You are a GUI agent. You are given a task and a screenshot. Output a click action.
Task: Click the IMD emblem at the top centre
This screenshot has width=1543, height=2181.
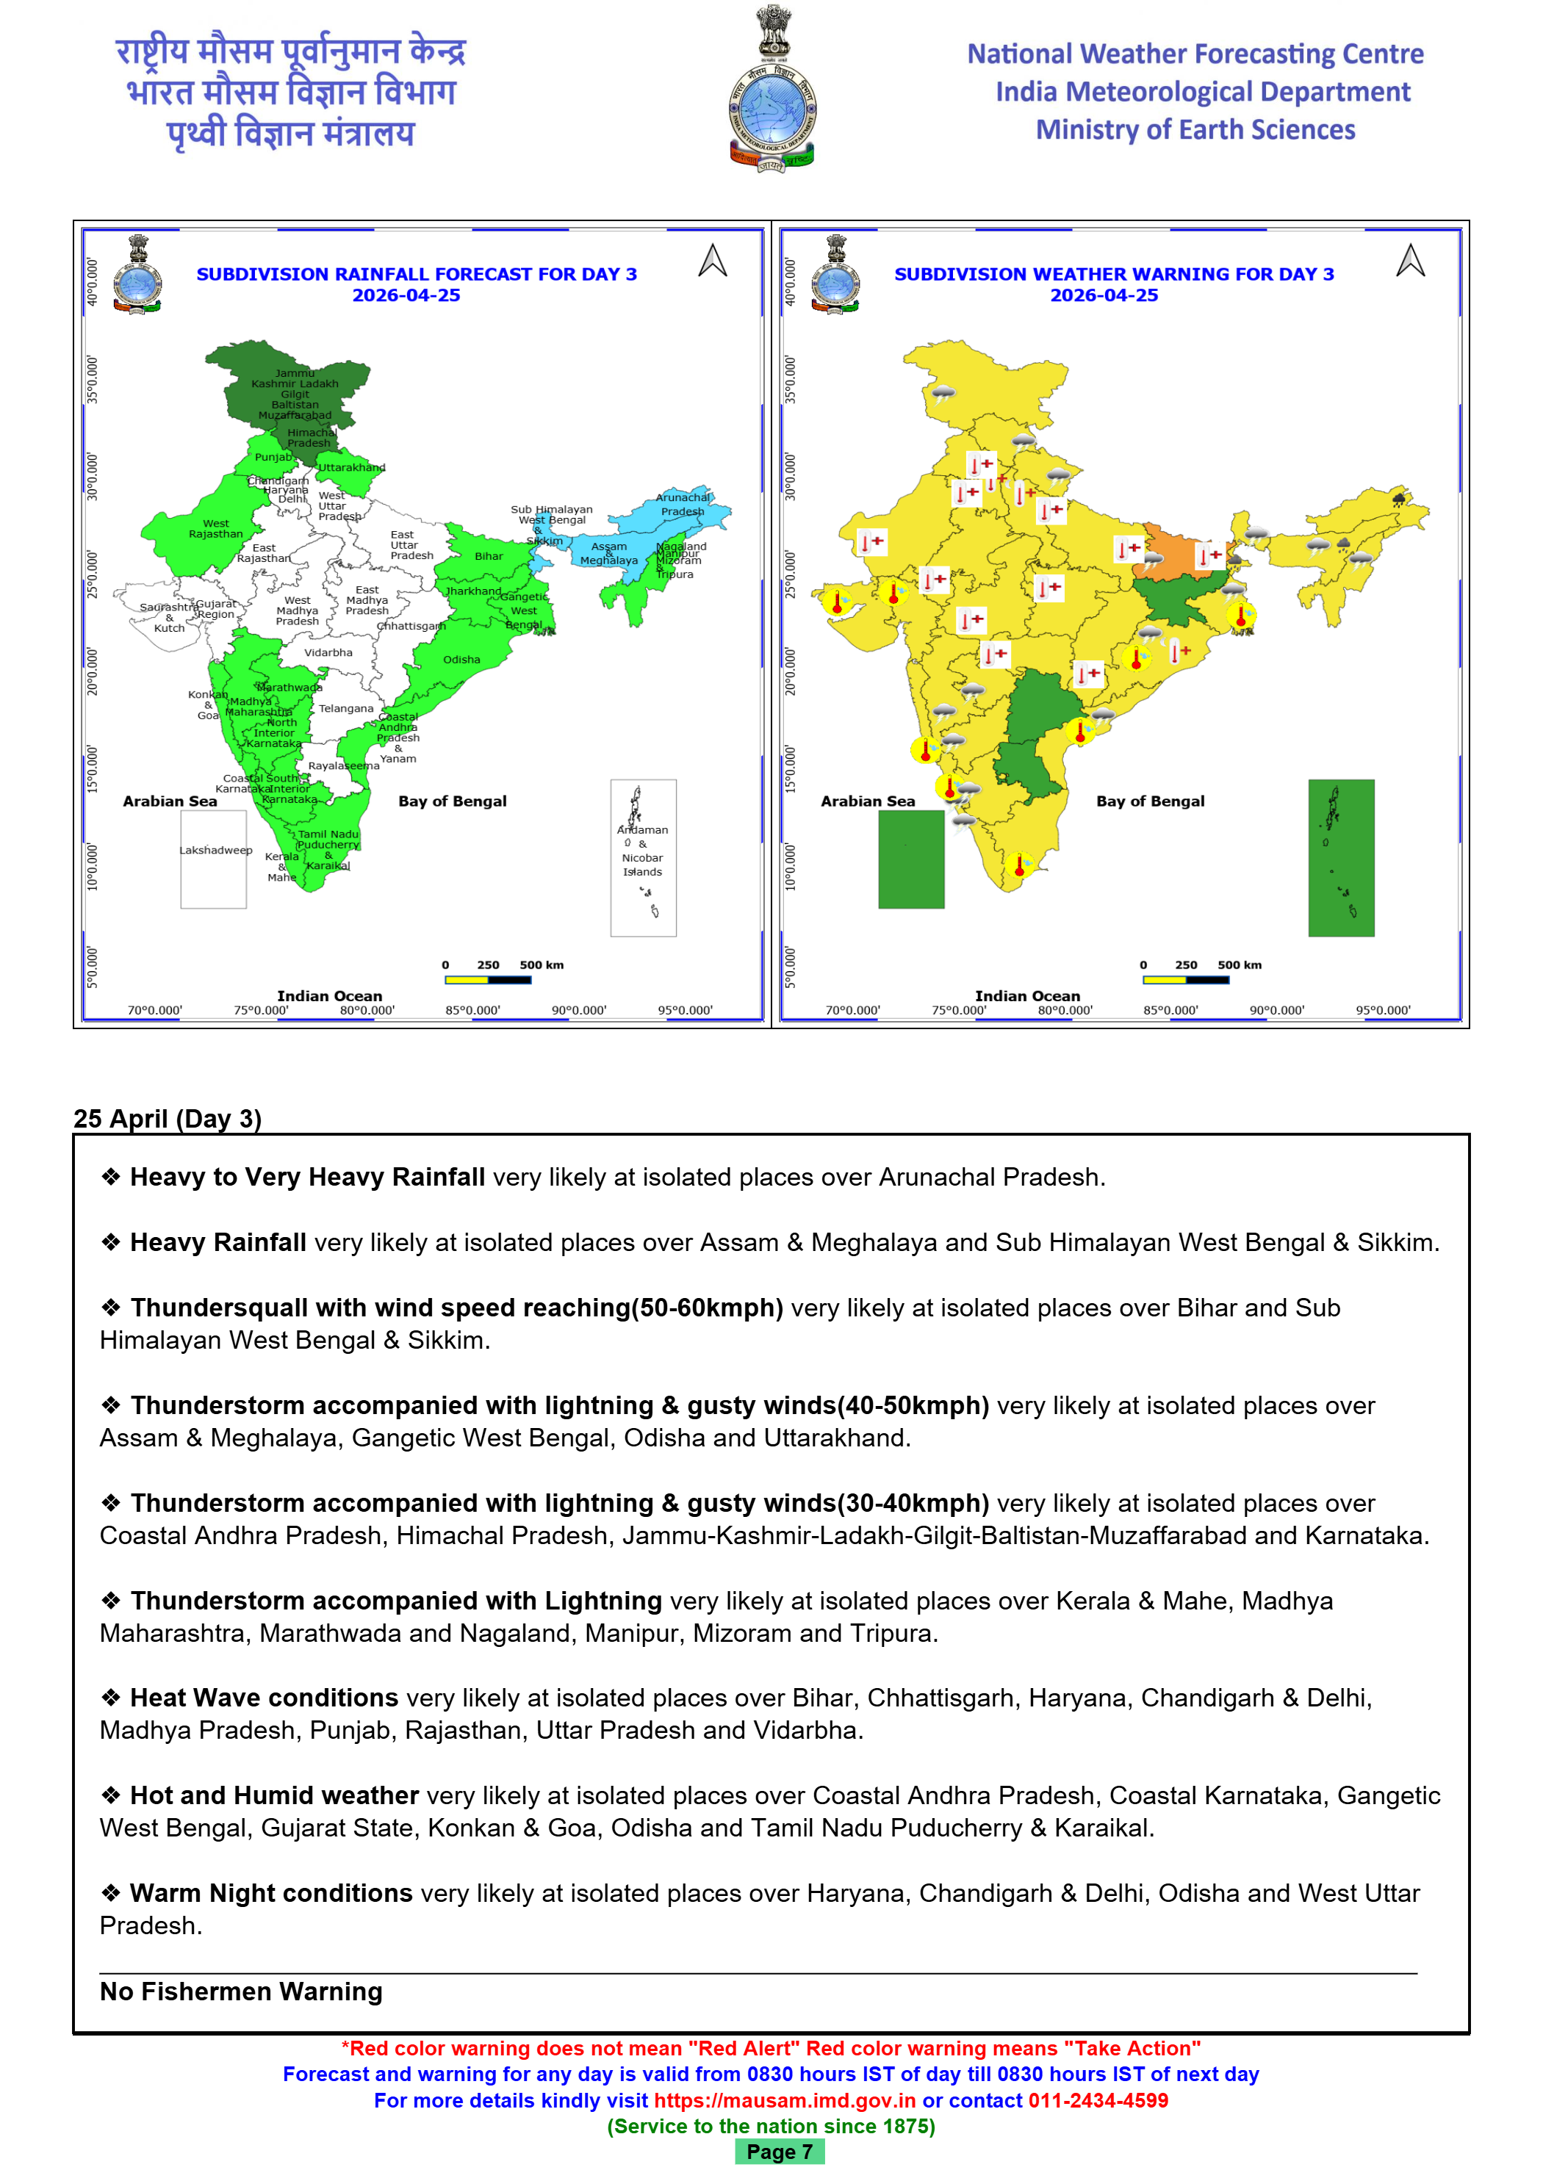click(x=771, y=91)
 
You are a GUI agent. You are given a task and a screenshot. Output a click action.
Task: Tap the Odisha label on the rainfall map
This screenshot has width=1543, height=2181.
click(x=461, y=659)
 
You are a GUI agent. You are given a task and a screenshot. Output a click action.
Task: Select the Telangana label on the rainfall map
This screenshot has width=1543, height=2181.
click(x=346, y=709)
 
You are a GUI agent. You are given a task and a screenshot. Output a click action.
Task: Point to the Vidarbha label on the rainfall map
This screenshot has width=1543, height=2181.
click(x=328, y=652)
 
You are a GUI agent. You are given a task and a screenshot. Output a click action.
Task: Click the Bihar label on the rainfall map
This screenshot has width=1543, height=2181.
click(x=489, y=557)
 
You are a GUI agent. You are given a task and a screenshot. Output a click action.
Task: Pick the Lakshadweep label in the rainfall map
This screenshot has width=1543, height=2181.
click(x=216, y=850)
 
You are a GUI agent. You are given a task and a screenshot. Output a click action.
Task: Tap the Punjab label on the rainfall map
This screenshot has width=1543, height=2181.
click(x=273, y=457)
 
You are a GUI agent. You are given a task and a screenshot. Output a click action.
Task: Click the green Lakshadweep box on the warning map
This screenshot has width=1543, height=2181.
click(x=911, y=859)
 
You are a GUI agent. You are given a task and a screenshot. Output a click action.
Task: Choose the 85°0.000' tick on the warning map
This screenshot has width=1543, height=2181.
click(x=1170, y=1011)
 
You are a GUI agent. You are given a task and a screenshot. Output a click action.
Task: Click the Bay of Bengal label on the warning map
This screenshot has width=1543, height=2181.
click(x=1150, y=801)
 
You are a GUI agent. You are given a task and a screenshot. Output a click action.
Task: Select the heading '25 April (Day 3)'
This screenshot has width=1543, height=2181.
click(x=168, y=1118)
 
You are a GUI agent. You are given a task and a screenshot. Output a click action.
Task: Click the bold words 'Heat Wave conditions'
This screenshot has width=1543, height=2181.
click(x=264, y=1698)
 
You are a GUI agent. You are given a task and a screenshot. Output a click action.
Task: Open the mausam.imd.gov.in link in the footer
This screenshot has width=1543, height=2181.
click(x=785, y=2100)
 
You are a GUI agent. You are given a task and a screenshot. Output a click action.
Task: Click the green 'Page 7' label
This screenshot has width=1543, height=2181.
click(x=779, y=2152)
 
